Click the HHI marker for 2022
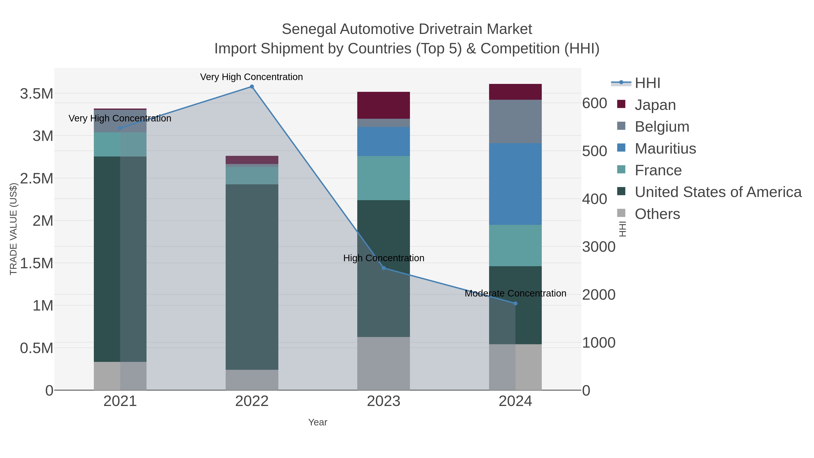tap(252, 87)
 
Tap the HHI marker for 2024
tap(515, 304)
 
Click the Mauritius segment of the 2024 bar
tap(515, 184)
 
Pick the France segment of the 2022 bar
tap(252, 176)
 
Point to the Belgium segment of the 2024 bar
tap(515, 121)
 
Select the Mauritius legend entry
tap(665, 149)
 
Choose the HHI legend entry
tap(647, 83)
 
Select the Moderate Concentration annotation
tap(515, 293)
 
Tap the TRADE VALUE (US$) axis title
tap(13, 229)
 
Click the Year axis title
tap(318, 422)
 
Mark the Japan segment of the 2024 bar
tap(515, 92)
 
